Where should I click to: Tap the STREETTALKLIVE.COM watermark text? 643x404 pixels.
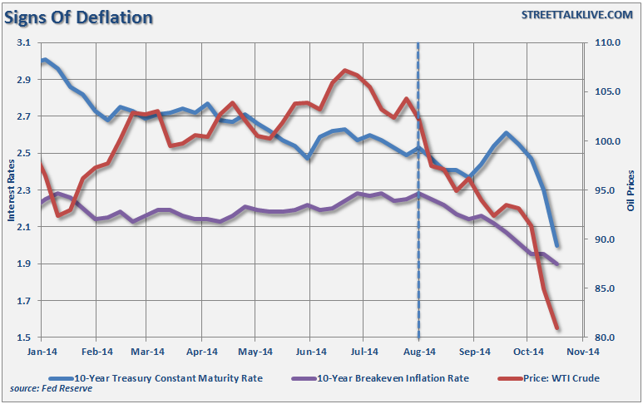click(576, 15)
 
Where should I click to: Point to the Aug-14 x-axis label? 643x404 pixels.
click(418, 352)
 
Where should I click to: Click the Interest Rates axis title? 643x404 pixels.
click(12, 190)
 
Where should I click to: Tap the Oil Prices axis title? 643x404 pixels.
click(631, 190)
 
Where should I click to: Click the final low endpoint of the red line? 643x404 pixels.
click(556, 328)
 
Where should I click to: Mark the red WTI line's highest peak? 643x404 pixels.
click(345, 71)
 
